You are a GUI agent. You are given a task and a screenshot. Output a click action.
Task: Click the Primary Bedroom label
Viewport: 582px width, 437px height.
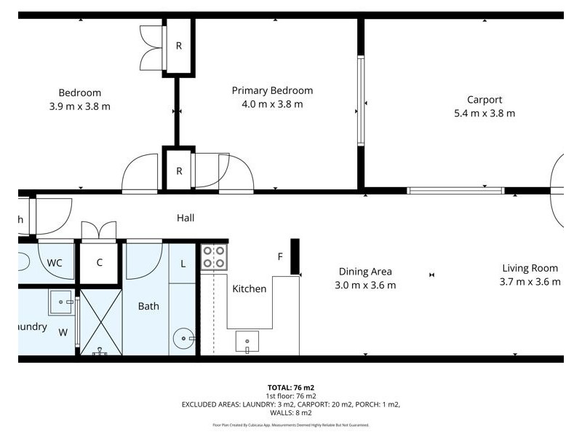[272, 90]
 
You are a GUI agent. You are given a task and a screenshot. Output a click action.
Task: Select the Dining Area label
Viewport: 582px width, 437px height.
[364, 272]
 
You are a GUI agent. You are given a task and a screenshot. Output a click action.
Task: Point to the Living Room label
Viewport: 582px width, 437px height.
[530, 268]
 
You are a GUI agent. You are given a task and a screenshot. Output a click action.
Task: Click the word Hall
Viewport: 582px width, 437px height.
[186, 218]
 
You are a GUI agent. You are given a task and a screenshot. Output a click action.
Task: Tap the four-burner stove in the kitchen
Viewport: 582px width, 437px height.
[213, 256]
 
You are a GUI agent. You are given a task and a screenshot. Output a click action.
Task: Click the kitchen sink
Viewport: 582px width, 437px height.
[247, 341]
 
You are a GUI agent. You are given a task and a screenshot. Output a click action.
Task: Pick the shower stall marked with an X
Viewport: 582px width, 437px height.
[100, 320]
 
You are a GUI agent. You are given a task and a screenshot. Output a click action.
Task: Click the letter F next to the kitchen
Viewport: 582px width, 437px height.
[280, 256]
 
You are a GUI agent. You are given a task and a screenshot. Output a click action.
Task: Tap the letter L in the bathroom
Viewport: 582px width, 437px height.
[183, 263]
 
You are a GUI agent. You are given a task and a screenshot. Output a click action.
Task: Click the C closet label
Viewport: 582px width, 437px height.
[99, 262]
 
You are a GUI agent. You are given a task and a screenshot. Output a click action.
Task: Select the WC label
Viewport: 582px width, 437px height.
[55, 262]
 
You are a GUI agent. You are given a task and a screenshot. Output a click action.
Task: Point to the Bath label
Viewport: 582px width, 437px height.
[148, 307]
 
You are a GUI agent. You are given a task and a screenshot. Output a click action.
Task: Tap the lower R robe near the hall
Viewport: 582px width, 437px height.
[178, 171]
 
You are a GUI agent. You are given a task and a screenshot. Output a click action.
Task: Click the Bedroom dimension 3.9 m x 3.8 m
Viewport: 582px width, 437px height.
[80, 106]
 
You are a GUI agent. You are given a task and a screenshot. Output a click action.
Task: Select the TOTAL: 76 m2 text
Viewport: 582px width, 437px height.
[291, 387]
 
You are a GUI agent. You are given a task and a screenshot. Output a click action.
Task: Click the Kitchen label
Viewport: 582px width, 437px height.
[249, 289]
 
